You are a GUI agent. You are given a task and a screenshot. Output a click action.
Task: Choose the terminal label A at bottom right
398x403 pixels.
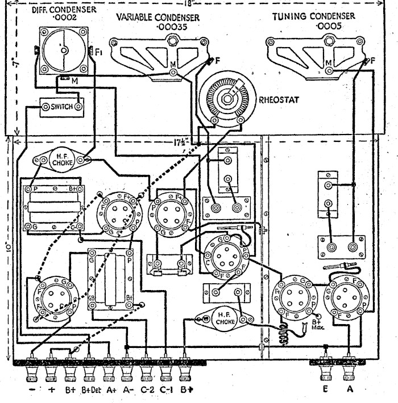[350, 389]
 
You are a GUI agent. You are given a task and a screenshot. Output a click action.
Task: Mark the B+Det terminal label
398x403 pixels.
[89, 390]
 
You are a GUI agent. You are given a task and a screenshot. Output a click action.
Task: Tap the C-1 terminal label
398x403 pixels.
[165, 390]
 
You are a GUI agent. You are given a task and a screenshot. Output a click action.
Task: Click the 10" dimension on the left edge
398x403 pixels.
[5, 248]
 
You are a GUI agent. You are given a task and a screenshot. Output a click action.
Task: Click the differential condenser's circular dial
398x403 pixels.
[64, 51]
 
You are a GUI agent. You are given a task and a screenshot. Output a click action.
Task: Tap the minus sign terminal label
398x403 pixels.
[31, 390]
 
